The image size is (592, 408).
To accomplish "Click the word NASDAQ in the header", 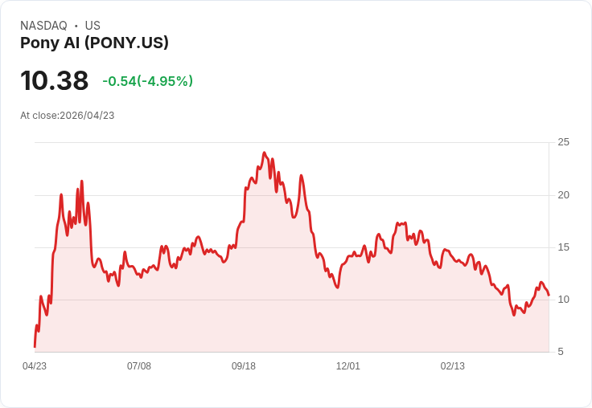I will coord(43,26).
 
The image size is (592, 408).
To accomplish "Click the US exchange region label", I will coord(92,26).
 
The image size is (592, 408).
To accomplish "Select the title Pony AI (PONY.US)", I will coord(94,43).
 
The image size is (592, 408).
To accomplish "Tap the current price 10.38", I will coord(54,81).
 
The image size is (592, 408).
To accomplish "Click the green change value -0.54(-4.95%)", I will coord(147,81).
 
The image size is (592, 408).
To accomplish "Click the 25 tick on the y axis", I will coord(564,142).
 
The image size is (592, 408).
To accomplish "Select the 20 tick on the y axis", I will coord(564,194).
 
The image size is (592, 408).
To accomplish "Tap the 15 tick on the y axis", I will coord(564,247).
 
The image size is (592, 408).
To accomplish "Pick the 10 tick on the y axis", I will coord(564,299).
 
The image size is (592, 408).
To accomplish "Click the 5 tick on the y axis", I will coord(561,352).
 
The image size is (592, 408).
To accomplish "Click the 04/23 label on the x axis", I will coord(35,366).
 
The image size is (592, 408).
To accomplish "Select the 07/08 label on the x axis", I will coord(139,366).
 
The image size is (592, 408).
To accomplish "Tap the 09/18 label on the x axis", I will coord(244,366).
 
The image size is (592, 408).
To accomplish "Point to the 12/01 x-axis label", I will coord(348,366).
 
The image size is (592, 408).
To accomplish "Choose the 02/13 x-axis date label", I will coord(453,366).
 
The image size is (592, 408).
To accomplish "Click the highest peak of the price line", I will coord(264,152).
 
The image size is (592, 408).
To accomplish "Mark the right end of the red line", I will coord(549,296).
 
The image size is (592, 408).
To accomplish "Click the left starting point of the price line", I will coord(35,346).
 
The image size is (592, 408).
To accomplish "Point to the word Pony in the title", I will coord(37,43).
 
